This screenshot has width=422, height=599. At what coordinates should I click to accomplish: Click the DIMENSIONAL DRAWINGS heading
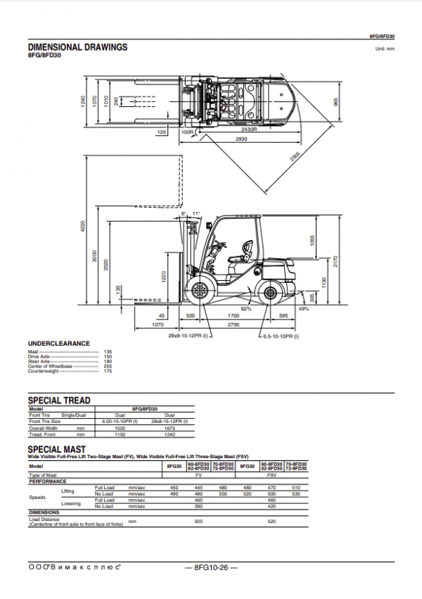[77, 47]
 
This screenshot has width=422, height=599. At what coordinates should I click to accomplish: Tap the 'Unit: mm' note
[385, 49]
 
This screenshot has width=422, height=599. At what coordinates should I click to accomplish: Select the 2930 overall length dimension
[242, 139]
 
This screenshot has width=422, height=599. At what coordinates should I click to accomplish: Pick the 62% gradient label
[246, 308]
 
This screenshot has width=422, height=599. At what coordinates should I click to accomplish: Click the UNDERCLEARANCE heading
[58, 343]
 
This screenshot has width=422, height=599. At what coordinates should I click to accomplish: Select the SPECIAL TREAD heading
[59, 400]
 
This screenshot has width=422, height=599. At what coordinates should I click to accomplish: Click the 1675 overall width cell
[169, 427]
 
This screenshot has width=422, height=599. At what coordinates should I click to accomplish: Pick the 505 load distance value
[198, 522]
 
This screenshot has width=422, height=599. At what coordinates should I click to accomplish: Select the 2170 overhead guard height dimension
[336, 260]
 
